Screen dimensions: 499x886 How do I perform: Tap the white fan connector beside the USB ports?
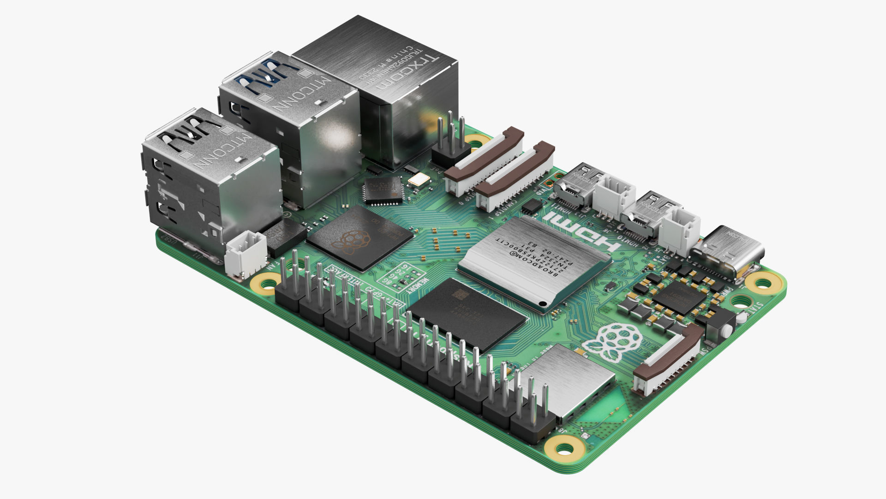pyautogui.click(x=246, y=253)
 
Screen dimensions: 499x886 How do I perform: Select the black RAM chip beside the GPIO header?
pyautogui.click(x=466, y=314)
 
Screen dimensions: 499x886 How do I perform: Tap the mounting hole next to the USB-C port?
pyautogui.click(x=761, y=281)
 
